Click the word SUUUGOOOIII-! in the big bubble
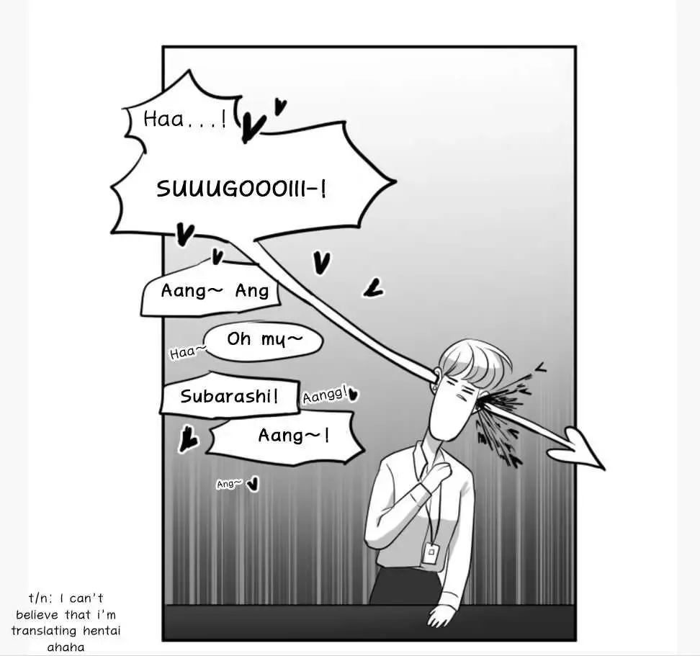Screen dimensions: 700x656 241,189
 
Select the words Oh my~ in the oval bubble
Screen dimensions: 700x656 265,340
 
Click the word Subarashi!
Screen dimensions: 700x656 229,396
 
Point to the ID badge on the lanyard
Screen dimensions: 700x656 431,552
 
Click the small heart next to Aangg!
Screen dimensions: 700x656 353,394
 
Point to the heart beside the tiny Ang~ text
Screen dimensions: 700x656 253,484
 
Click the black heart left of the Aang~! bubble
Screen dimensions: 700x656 188,439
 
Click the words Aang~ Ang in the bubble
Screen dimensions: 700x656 215,291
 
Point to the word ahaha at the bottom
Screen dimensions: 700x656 66,647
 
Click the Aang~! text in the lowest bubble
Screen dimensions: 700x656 294,435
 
